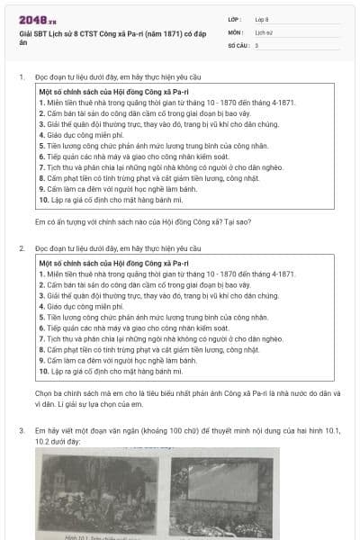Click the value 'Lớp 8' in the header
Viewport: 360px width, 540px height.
263,18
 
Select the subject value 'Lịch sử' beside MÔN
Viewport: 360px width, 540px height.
264,31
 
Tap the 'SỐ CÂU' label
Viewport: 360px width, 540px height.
238,44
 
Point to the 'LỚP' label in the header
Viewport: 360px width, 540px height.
234,18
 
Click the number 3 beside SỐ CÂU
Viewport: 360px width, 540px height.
256,44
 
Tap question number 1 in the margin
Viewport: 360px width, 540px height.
22,78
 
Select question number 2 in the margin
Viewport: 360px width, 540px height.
22,247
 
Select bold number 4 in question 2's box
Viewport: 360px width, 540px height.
42,307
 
